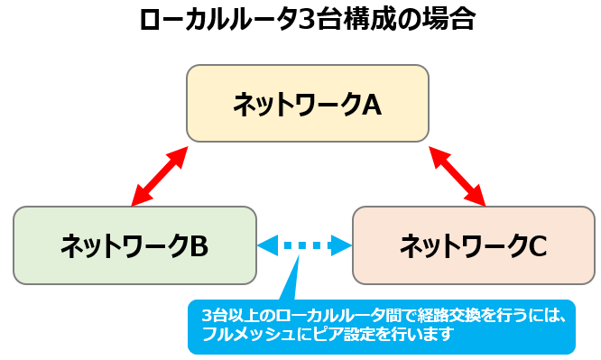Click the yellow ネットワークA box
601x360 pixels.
pos(307,103)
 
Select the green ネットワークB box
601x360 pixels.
pos(134,245)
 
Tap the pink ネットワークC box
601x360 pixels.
pos(473,245)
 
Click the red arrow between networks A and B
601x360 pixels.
pos(160,175)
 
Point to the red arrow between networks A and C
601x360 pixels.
pos(458,175)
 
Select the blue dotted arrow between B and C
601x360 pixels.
pos(304,245)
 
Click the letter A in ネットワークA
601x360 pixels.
pos(372,105)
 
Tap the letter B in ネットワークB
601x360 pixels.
pos(199,245)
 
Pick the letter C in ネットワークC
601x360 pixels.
pos(538,245)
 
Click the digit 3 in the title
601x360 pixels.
pos(307,21)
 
